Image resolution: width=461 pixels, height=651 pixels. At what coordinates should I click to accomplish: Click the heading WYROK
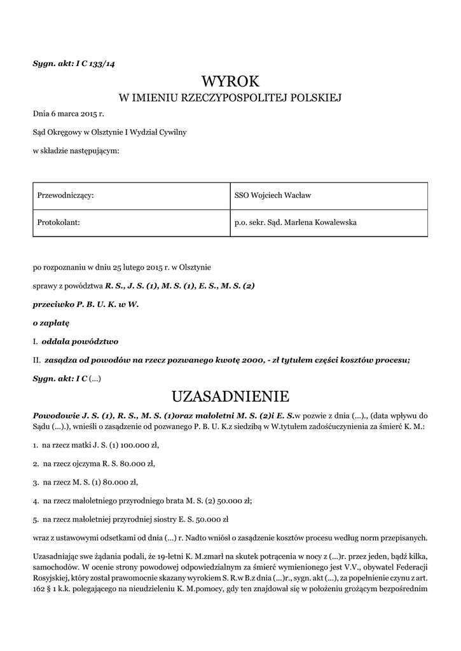(231, 81)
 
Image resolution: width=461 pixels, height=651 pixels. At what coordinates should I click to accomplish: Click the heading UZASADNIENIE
(231, 397)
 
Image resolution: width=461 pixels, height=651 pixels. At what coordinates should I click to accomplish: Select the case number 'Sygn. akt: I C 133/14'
(74, 63)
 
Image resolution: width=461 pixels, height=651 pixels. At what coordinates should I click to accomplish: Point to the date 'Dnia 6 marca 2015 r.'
(68, 114)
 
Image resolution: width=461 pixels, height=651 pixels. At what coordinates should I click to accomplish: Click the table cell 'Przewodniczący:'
(66, 195)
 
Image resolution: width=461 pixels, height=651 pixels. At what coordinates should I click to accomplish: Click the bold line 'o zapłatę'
(51, 323)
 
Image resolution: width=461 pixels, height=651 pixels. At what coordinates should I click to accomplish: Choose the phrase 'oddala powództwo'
(79, 341)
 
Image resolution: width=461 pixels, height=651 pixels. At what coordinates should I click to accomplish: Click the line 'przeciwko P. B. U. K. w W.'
(85, 305)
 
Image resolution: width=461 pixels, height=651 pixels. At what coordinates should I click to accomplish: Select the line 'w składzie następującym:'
(76, 151)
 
